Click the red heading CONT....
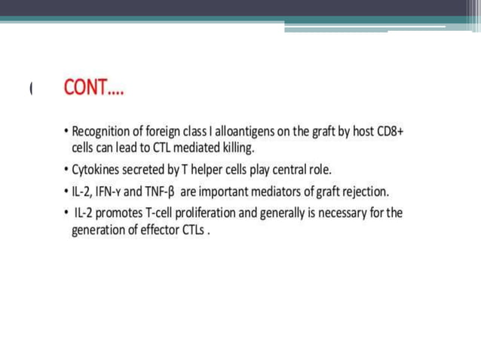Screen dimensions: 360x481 click(93, 89)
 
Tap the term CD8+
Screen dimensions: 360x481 click(391, 132)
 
